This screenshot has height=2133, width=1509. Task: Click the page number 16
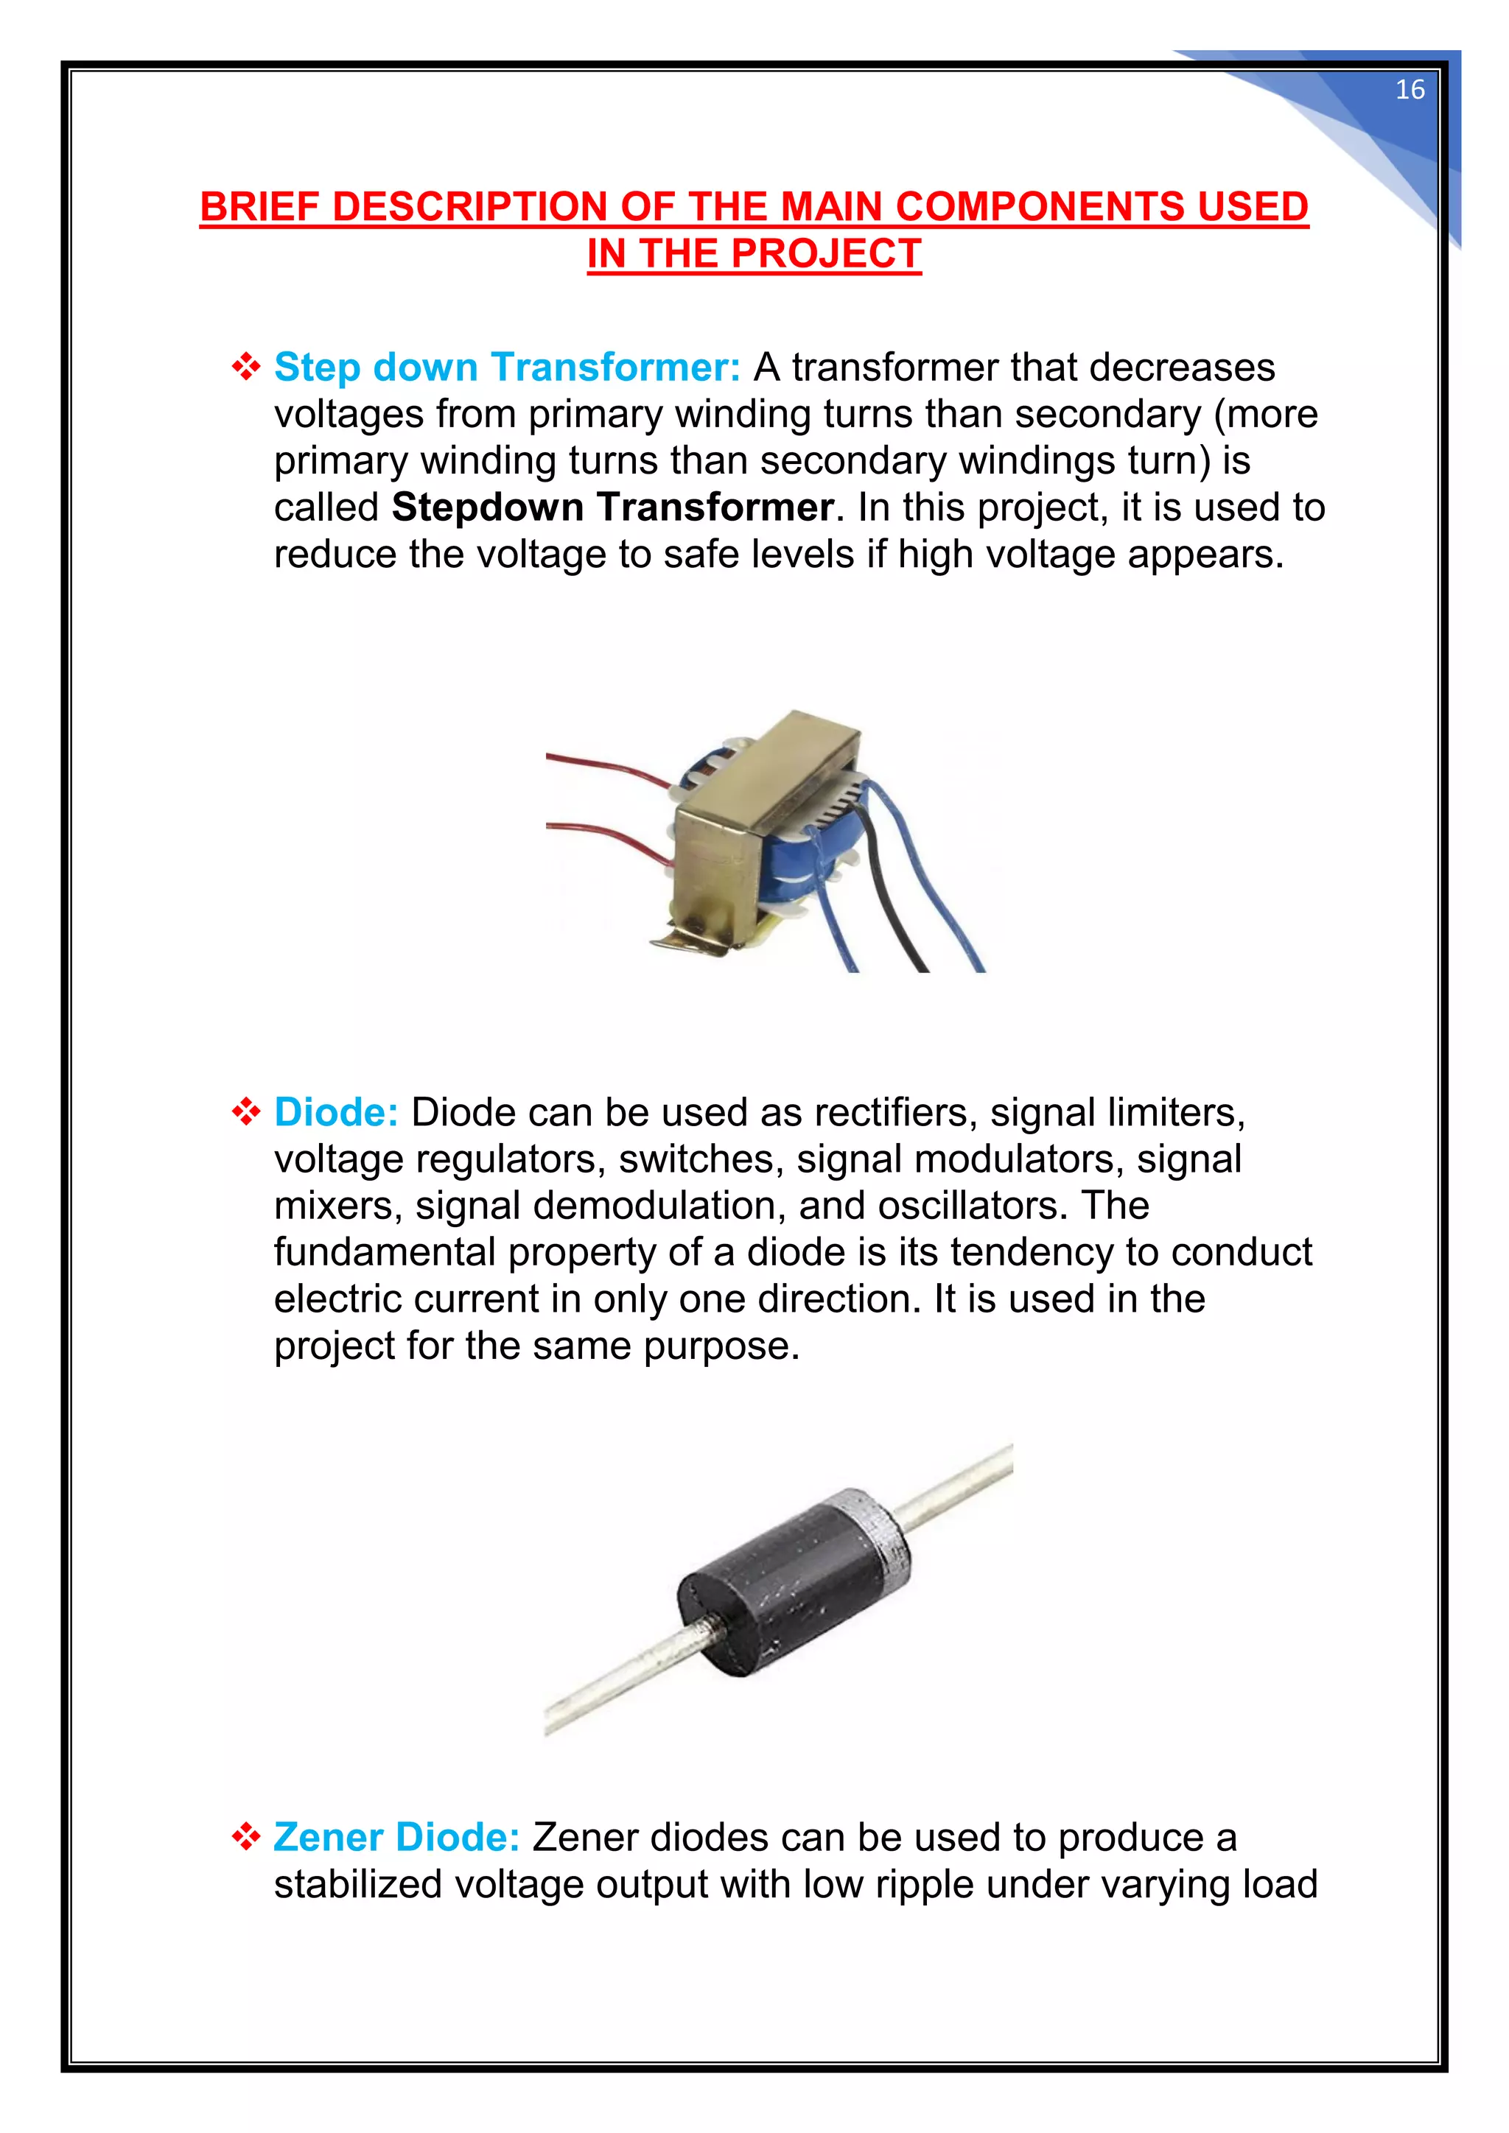click(x=1410, y=89)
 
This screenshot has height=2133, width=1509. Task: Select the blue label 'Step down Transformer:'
click(x=506, y=367)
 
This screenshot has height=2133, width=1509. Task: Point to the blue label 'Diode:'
click(x=335, y=1112)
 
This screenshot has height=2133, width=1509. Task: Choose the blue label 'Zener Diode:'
click(x=396, y=1837)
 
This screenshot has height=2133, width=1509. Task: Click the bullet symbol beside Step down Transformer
click(x=246, y=367)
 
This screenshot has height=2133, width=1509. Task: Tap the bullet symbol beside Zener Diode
click(x=246, y=1837)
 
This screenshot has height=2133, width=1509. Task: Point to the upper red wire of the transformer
click(x=604, y=767)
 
